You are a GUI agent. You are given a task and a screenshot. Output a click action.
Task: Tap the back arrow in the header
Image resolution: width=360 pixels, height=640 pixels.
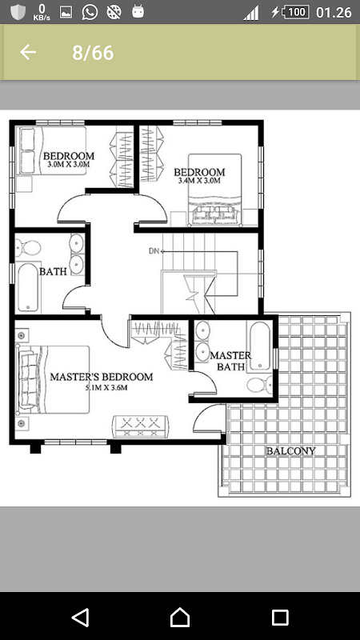point(28,52)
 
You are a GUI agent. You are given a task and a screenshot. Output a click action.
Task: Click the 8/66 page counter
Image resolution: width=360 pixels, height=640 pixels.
point(93,53)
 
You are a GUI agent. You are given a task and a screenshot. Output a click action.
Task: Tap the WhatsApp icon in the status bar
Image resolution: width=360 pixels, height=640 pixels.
point(90,12)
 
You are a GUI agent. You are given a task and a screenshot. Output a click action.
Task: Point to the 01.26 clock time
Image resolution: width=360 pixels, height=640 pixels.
point(334,12)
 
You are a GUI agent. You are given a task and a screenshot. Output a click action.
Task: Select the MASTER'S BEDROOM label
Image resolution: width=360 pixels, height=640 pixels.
point(102,377)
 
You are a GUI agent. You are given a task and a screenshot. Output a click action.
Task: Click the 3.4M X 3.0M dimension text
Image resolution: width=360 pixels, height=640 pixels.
point(199,181)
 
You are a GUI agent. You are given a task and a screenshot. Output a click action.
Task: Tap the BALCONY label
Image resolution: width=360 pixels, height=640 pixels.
point(291,451)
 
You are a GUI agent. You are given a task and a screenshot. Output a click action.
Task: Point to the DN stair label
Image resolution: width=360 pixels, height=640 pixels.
point(154,251)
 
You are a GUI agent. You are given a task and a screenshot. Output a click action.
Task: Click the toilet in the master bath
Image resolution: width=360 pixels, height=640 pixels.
point(260,385)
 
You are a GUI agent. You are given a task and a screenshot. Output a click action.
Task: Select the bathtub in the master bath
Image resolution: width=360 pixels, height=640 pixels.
point(259,346)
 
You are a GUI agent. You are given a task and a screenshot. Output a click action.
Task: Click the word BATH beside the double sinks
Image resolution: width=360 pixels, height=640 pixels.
point(53,271)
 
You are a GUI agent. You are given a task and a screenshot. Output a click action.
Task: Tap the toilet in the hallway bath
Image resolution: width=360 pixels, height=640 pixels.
point(28,247)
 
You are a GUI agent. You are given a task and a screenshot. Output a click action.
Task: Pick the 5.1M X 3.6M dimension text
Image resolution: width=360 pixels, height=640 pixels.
point(106,388)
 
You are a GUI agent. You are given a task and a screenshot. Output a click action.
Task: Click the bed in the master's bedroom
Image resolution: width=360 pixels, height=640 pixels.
point(53,379)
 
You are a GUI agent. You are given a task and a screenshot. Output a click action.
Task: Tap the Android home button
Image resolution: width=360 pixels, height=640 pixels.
point(180,617)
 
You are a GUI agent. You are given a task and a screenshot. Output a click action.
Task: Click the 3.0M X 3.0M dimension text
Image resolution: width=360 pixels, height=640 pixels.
point(69,165)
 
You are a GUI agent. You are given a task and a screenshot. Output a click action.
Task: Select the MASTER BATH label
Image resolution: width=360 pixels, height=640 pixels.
point(230,361)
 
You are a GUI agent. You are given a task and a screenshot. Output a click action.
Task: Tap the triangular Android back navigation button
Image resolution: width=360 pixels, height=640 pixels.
point(81,617)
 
